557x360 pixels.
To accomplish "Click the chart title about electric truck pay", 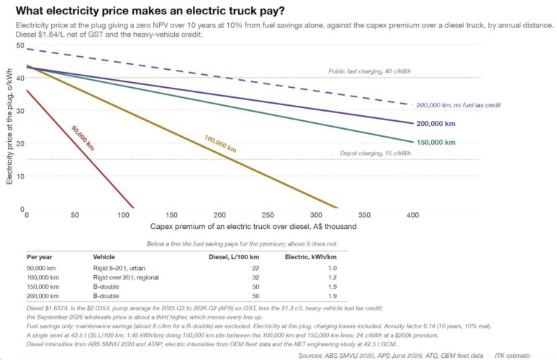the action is [x=150, y=11].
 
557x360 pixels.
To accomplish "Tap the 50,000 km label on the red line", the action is [x=83, y=138].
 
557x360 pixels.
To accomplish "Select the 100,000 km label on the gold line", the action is [x=220, y=143].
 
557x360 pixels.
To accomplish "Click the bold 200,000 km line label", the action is [x=435, y=124].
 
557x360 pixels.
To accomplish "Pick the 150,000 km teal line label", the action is [x=435, y=143].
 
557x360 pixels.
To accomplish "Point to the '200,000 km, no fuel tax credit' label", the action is [x=458, y=105].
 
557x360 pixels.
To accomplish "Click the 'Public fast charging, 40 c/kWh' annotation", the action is [x=369, y=71].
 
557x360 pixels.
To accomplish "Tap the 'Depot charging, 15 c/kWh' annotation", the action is [x=375, y=153].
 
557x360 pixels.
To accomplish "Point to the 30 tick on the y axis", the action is [x=20, y=111].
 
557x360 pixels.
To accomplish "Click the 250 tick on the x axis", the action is [x=268, y=215].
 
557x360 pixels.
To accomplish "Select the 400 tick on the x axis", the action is [x=413, y=215].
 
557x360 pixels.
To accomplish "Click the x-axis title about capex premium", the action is [x=253, y=226].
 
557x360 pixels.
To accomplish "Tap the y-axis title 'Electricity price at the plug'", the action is [x=9, y=126].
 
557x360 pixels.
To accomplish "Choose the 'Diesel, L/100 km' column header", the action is [x=234, y=257].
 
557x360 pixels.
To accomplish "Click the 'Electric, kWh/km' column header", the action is [x=310, y=257].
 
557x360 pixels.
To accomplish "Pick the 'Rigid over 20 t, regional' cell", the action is [x=126, y=277].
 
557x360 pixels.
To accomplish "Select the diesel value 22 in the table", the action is [x=255, y=269].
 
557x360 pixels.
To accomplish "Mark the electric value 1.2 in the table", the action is [x=332, y=277].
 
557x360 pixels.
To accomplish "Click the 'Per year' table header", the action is [x=40, y=257].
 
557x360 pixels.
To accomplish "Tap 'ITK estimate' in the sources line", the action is [x=512, y=356].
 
